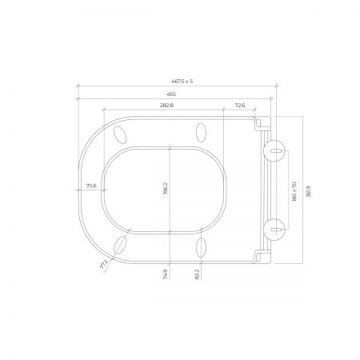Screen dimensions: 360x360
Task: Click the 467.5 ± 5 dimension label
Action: click(182, 82)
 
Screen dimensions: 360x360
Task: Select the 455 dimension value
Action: click(171, 94)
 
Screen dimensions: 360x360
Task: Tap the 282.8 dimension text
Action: click(166, 106)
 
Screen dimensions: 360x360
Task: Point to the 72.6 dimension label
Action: click(240, 106)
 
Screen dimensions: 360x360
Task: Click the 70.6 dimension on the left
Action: click(91, 186)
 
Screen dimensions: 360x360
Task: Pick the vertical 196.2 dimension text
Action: click(166, 189)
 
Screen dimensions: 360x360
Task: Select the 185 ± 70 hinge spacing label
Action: click(294, 191)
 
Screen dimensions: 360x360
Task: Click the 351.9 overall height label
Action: click(309, 191)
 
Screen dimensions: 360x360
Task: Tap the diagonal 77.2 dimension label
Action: click(104, 264)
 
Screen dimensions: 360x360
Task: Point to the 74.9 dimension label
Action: click(166, 274)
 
